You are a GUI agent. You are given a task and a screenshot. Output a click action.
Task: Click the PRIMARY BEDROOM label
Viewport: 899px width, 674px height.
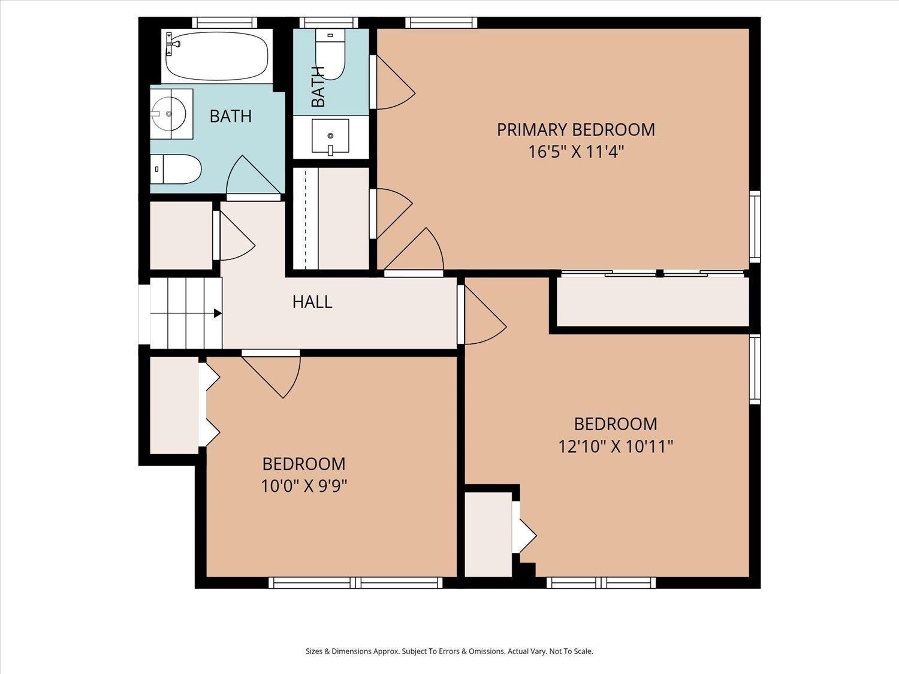(576, 130)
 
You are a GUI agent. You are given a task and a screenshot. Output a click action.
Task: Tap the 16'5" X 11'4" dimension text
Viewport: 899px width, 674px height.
(576, 152)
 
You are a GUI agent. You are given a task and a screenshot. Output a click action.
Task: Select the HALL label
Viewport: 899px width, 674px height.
(312, 302)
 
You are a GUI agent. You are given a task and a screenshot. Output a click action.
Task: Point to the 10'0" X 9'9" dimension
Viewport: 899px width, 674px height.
(304, 486)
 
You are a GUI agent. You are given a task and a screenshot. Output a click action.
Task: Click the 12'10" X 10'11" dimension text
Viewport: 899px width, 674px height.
(616, 446)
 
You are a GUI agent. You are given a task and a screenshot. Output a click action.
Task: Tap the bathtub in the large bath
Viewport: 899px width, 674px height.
(217, 56)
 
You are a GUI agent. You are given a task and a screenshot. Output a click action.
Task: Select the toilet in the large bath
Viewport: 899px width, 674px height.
(176, 169)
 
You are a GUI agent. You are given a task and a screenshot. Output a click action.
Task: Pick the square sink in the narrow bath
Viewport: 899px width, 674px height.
(330, 136)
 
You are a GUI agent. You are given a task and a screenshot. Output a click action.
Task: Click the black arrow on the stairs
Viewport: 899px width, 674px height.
(218, 313)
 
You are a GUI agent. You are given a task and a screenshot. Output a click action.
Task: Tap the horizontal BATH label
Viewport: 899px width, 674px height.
(231, 116)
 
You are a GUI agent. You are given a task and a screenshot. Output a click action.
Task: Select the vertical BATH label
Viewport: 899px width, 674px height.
(319, 86)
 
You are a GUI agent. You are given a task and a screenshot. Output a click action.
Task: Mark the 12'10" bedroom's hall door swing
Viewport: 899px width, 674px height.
(483, 315)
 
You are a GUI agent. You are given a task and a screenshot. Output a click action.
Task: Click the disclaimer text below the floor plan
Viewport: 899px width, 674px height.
(450, 651)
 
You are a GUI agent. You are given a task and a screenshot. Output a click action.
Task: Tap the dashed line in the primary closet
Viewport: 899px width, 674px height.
(306, 219)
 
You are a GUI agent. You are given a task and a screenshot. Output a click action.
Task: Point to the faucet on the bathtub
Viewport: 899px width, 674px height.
(171, 44)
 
